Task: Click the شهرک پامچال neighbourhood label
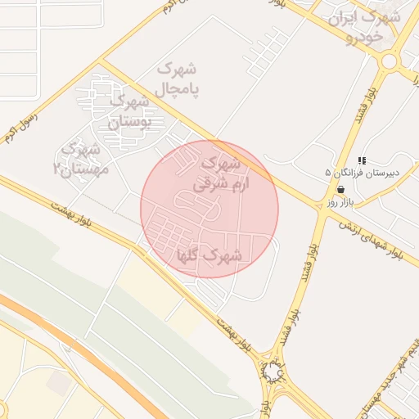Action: [x=178, y=76]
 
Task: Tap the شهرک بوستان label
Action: [x=131, y=110]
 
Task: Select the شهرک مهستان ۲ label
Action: [x=79, y=159]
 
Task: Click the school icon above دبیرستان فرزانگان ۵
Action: [x=362, y=160]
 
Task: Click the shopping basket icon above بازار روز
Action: [x=340, y=190]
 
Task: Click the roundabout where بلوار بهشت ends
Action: [x=272, y=373]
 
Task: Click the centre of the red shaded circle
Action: [x=209, y=209]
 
